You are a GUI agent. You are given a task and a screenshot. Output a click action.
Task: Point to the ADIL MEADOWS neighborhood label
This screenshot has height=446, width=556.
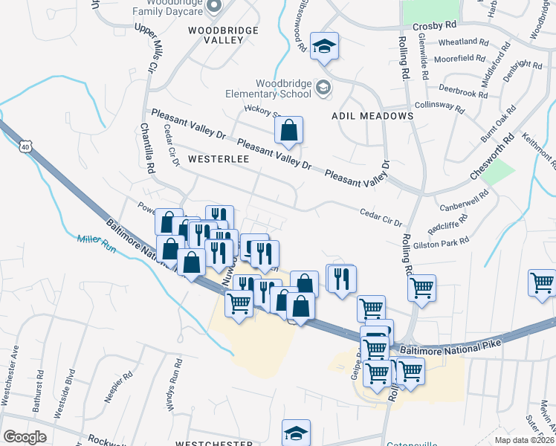(x=372, y=116)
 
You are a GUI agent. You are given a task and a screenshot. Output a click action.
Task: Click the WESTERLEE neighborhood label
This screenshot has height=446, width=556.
(x=218, y=159)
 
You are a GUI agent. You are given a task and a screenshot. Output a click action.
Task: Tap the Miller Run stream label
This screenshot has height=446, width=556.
(x=97, y=243)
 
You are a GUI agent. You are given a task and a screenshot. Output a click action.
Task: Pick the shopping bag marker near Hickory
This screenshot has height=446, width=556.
(x=288, y=131)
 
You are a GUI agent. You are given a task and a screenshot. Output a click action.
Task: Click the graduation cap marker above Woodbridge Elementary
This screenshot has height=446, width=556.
(x=324, y=46)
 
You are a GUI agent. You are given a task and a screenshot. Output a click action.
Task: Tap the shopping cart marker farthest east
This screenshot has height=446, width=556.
(x=542, y=283)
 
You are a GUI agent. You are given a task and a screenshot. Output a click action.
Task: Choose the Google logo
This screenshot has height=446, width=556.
(x=25, y=437)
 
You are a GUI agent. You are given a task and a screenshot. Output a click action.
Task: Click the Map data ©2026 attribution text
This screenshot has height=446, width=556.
(x=524, y=440)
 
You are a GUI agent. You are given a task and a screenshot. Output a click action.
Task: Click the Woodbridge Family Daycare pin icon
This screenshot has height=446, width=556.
(x=214, y=6)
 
